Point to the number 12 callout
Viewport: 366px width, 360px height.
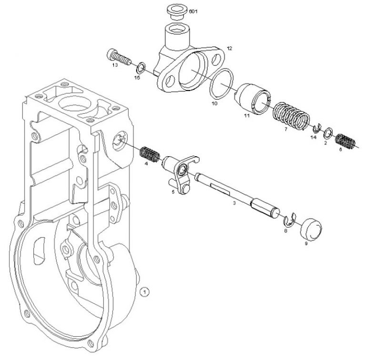coord(230,48)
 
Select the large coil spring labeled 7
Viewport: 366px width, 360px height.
coord(291,116)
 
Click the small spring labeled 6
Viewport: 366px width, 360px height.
coord(346,140)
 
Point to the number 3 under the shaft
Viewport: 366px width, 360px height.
coord(234,203)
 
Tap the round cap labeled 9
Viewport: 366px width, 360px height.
coord(310,227)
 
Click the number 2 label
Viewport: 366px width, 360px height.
coord(325,142)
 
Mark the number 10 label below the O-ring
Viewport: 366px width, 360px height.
coord(214,103)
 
